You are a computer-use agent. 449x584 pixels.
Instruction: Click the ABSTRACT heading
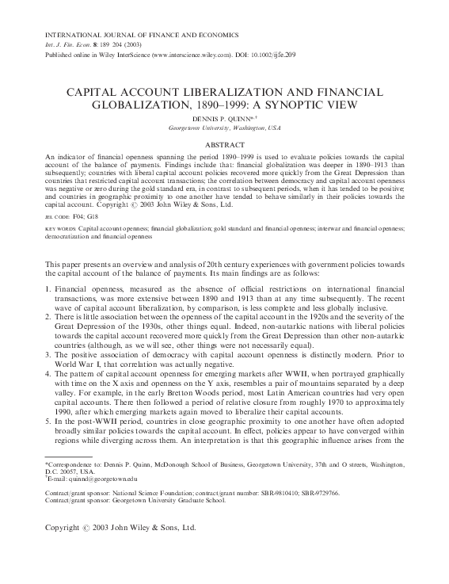pos(225,145)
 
